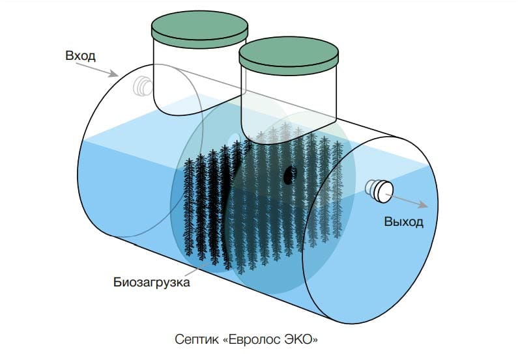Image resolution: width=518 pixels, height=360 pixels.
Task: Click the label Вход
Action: (80, 55)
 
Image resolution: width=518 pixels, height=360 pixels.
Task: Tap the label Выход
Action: (403, 221)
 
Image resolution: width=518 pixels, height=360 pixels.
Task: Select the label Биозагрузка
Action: (152, 283)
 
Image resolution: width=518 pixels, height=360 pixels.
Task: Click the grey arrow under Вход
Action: (97, 70)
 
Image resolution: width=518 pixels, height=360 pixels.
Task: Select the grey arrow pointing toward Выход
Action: (407, 201)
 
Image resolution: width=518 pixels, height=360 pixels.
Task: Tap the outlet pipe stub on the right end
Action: (380, 191)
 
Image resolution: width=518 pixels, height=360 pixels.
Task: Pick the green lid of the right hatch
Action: (289, 56)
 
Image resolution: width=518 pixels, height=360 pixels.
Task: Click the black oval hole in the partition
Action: (290, 174)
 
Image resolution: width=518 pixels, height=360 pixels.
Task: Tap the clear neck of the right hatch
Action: (289, 105)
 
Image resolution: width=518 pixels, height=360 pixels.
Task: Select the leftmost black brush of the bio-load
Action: (189, 207)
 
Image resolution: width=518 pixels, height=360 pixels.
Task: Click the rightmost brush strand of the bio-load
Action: (337, 189)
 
